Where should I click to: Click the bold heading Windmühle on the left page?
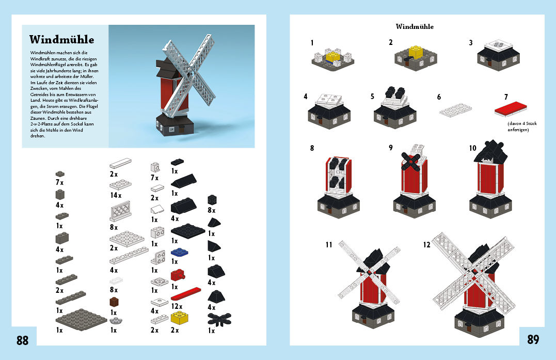[x=62, y=39]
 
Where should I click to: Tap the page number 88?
[x=22, y=340]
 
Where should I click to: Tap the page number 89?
[x=533, y=339]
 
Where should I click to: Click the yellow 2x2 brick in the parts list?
[x=180, y=318]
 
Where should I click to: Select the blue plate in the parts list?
[x=180, y=252]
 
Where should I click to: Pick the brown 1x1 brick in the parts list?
[x=114, y=302]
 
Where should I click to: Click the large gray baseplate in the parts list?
[x=81, y=319]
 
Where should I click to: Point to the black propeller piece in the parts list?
[x=219, y=319]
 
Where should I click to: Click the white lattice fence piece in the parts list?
[x=121, y=211]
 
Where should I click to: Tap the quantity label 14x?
[x=116, y=195]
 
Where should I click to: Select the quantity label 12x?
[x=177, y=306]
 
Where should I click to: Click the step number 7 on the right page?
[x=506, y=97]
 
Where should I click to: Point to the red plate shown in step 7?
[x=511, y=108]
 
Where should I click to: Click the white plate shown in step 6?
[x=456, y=110]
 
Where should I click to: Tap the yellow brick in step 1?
[x=333, y=57]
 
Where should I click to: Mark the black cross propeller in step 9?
[x=410, y=162]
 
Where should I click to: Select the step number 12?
[x=426, y=245]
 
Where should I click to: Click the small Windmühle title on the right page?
[x=415, y=27]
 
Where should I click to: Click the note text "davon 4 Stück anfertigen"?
[x=522, y=127]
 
